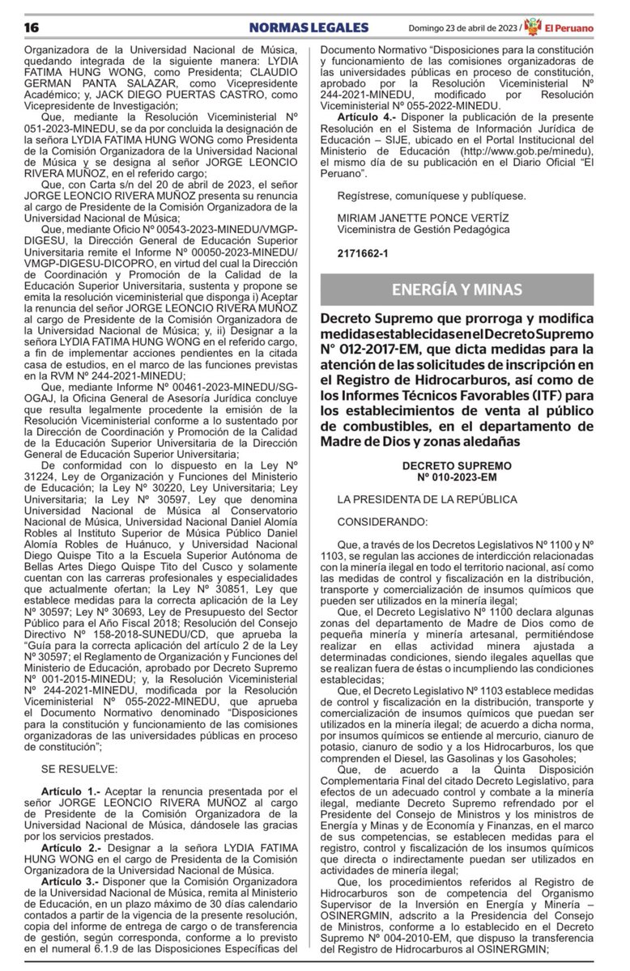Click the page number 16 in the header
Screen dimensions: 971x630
(x=32, y=28)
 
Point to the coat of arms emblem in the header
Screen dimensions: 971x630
(x=532, y=28)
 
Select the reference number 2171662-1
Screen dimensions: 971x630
(x=363, y=253)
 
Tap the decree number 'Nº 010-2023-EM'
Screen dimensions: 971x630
(x=458, y=478)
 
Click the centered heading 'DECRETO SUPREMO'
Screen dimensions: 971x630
(x=458, y=467)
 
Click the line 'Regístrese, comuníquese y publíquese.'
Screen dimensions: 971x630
(x=432, y=195)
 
